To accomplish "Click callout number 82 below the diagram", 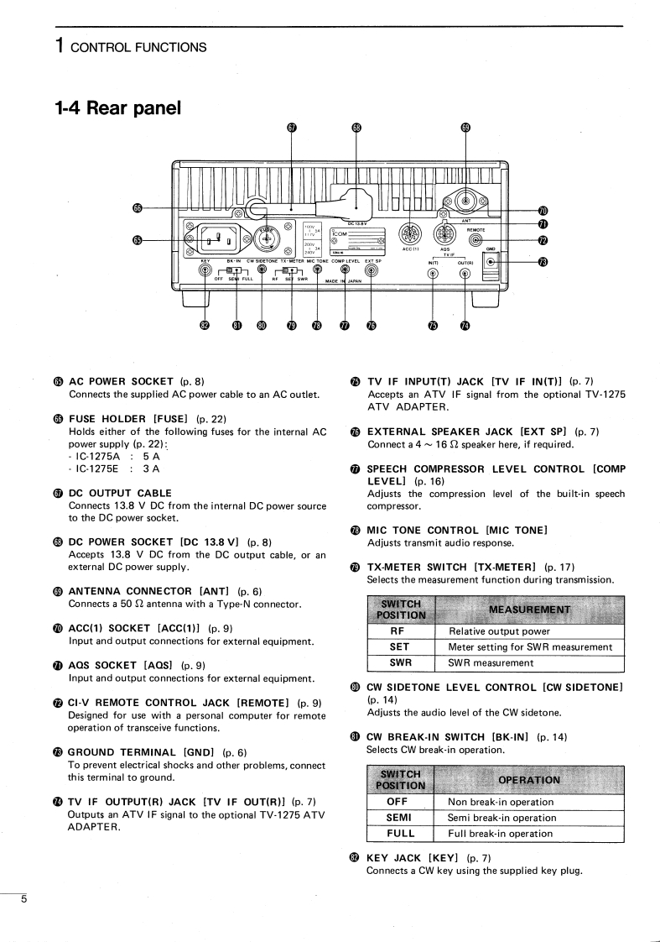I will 205,325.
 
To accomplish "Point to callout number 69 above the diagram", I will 466,128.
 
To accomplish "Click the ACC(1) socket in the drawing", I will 410,233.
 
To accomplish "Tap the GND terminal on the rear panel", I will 491,261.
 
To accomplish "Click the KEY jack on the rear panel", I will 205,270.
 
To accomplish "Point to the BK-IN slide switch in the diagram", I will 236,271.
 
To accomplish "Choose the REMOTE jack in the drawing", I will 476,241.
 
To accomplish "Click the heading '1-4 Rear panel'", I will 117,107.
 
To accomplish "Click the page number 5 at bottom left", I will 23,899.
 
